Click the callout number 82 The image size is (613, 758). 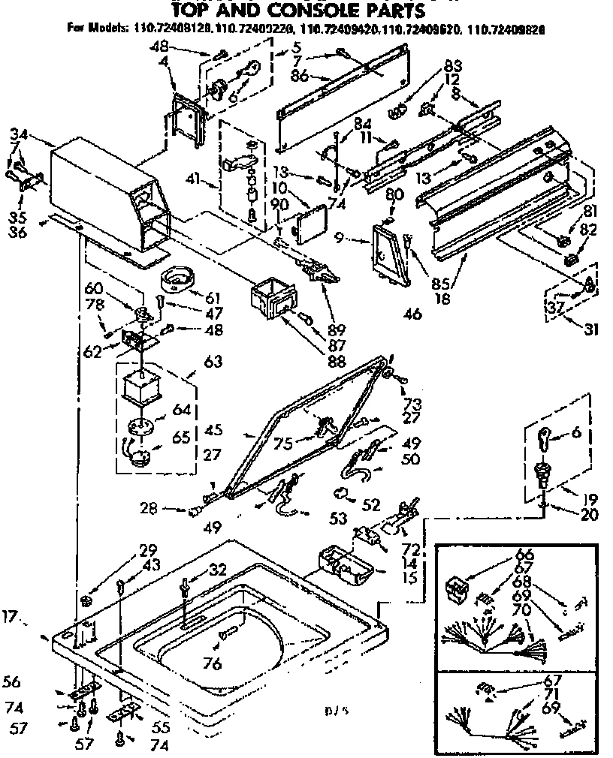click(587, 230)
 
